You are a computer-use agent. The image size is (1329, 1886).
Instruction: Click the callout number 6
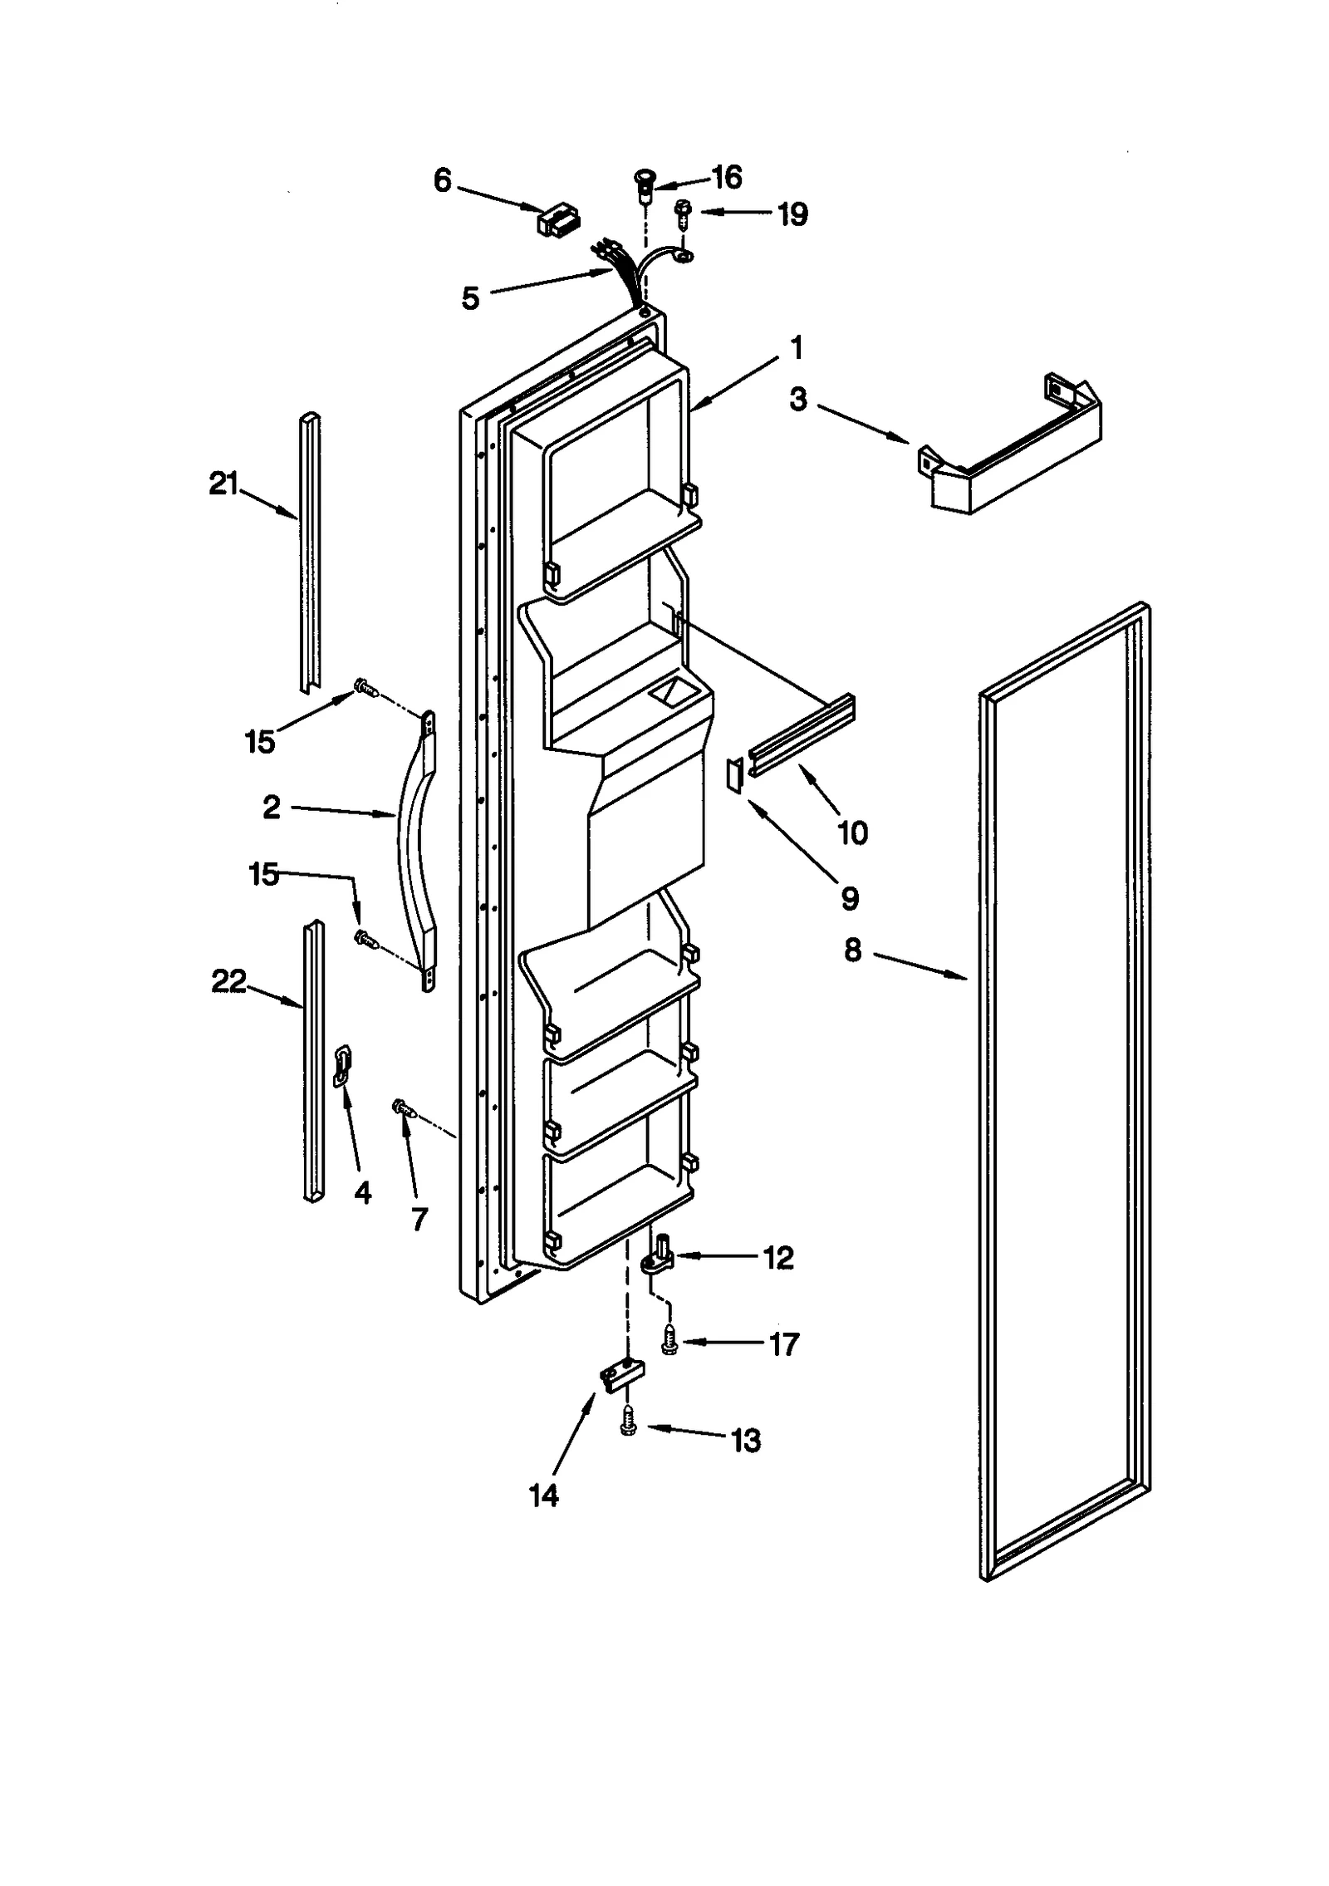pyautogui.click(x=443, y=180)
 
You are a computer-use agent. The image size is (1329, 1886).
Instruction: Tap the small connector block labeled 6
pyautogui.click(x=558, y=222)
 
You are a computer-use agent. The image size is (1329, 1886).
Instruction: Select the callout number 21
pyautogui.click(x=223, y=483)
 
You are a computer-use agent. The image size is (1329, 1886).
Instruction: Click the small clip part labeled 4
pyautogui.click(x=343, y=1066)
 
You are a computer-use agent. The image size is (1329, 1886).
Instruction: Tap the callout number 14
pyautogui.click(x=544, y=1496)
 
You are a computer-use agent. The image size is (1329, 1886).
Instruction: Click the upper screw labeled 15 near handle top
pyautogui.click(x=364, y=687)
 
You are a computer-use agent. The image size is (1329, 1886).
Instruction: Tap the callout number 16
pyautogui.click(x=727, y=177)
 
